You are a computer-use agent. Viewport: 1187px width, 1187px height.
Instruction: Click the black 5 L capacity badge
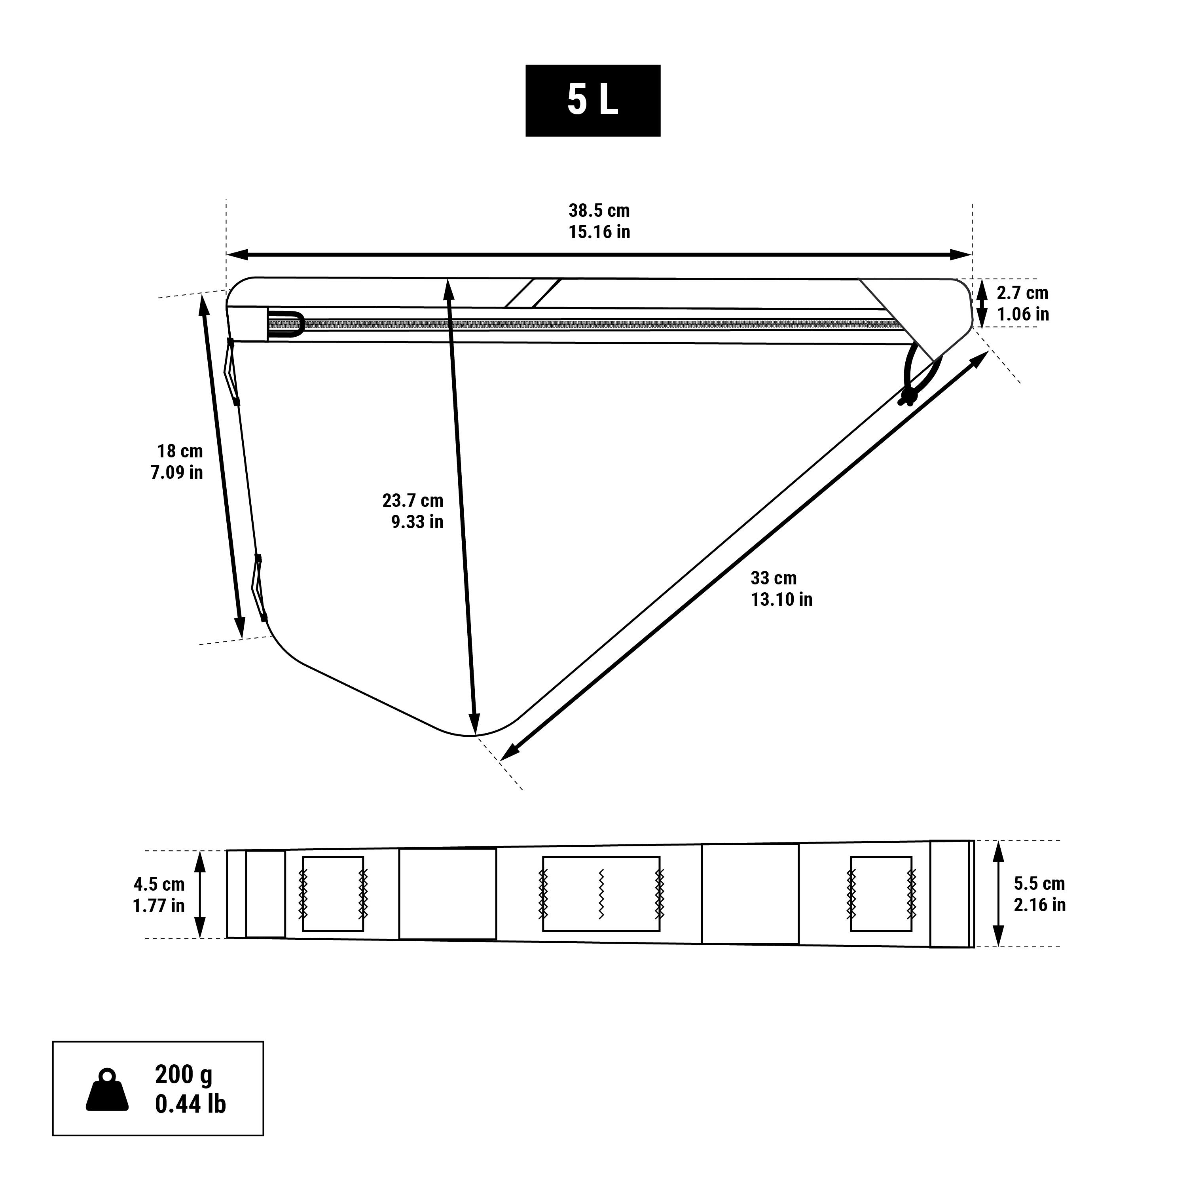click(x=592, y=100)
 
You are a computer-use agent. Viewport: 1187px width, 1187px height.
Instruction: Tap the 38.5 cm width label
click(x=599, y=211)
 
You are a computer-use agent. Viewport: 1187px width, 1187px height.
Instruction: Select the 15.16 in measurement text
click(x=599, y=232)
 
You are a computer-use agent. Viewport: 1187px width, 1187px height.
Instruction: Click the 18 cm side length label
click(x=180, y=451)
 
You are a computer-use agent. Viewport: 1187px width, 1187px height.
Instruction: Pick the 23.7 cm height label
click(x=413, y=501)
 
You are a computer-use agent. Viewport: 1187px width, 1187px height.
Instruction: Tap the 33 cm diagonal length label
click(x=774, y=578)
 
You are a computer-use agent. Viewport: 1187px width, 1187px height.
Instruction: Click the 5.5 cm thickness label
click(x=1039, y=884)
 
